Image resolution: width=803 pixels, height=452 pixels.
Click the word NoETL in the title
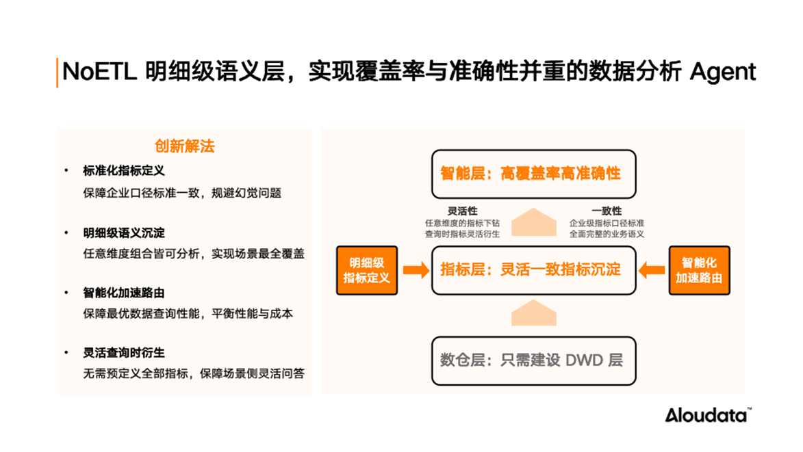point(99,71)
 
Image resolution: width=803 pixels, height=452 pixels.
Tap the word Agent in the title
point(723,72)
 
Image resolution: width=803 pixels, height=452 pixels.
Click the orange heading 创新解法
point(184,146)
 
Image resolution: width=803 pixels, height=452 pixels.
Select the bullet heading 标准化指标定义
point(124,171)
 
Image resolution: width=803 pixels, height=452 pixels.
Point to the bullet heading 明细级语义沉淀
point(124,233)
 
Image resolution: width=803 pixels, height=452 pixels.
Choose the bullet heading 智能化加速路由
point(124,293)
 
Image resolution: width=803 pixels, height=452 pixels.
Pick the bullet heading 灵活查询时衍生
point(124,353)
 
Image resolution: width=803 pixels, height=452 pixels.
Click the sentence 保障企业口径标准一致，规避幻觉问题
point(182,193)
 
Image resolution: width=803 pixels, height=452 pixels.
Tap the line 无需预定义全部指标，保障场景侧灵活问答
point(194,374)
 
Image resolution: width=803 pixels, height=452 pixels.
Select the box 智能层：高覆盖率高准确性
point(534,174)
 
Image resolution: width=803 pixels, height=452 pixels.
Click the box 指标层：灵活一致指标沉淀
point(534,270)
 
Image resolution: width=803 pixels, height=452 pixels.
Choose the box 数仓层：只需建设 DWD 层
point(534,360)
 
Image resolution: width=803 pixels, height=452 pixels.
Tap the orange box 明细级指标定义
point(367,271)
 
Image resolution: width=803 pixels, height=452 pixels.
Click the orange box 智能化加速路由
point(699,271)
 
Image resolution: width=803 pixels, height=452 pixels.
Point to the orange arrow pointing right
point(416,270)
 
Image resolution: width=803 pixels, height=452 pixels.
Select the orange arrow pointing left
point(652,270)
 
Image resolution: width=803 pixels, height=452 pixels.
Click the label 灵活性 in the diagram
point(463,211)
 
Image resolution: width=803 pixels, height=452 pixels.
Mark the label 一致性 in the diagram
point(607,211)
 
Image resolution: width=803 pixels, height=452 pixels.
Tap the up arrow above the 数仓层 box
point(534,313)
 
